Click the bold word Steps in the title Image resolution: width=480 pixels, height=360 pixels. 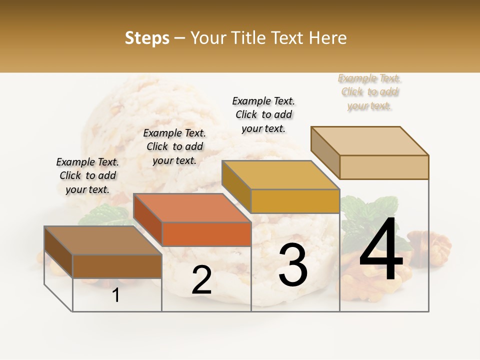click(147, 38)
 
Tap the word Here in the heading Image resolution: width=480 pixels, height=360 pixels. click(325, 38)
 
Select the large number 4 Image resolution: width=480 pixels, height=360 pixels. click(381, 250)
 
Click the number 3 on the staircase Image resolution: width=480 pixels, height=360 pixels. click(293, 265)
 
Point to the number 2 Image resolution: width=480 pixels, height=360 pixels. click(201, 280)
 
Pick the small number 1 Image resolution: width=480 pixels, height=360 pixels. click(116, 295)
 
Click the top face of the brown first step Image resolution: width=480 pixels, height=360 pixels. click(103, 240)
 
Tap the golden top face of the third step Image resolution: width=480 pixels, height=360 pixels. click(280, 175)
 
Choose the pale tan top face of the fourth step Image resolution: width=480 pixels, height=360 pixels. click(370, 141)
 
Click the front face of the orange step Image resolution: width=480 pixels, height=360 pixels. click(206, 234)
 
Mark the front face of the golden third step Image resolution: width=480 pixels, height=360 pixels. click(295, 201)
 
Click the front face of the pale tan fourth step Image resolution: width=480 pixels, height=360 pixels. click(384, 167)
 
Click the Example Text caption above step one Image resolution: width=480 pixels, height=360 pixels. click(87, 175)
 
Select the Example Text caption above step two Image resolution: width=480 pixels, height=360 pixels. click(174, 146)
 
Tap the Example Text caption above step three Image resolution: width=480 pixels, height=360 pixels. click(263, 114)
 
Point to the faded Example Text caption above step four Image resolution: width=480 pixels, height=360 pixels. click(369, 92)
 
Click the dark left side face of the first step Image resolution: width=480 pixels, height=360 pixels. click(58, 252)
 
